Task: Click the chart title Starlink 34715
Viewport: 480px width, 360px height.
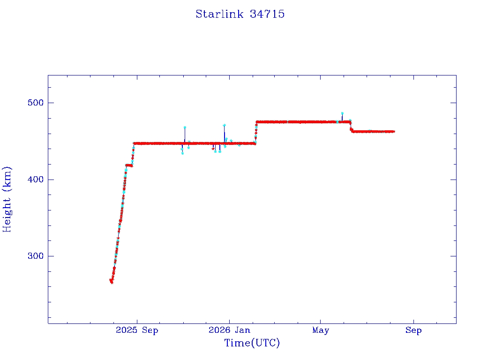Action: coord(240,14)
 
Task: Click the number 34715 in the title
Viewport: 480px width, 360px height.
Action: coord(267,14)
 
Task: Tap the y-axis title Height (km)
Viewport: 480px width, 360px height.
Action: coord(7,199)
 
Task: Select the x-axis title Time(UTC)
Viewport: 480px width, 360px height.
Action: coord(252,343)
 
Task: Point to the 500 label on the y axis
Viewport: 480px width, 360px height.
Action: coord(36,103)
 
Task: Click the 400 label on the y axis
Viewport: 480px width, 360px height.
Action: coord(36,180)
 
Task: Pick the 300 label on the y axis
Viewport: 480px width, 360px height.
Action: coord(36,256)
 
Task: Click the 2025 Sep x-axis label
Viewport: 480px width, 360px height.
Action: coord(137,330)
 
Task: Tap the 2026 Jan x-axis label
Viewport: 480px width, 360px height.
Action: coord(229,330)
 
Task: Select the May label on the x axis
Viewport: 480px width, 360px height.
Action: coord(321,330)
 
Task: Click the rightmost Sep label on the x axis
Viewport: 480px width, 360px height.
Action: coord(413,330)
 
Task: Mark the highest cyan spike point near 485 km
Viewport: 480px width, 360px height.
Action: coord(342,113)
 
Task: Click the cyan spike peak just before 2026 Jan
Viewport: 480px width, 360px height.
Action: coord(224,125)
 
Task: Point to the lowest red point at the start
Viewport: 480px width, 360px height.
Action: coord(112,282)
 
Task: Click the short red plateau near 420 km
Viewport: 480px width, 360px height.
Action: coord(129,165)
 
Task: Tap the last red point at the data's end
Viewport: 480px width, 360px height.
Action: coord(394,132)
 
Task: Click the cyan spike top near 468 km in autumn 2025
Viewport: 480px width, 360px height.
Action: coord(185,127)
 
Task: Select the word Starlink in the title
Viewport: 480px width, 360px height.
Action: coord(219,14)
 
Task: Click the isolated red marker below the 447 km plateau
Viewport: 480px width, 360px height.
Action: coord(213,149)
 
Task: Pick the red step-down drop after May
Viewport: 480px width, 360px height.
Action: coord(351,127)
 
